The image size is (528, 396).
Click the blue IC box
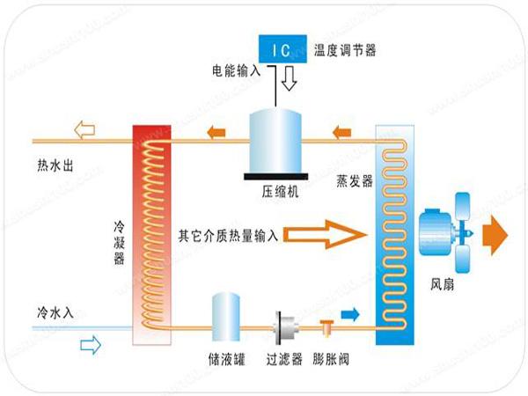pyautogui.click(x=281, y=48)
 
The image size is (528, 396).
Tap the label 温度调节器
pyautogui.click(x=345, y=50)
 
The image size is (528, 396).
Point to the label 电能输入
pyautogui.click(x=237, y=69)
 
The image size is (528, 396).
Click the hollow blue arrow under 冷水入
pyautogui.click(x=91, y=346)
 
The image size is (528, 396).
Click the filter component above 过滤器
pyautogui.click(x=284, y=325)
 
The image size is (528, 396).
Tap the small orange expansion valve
pyautogui.click(x=326, y=327)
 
